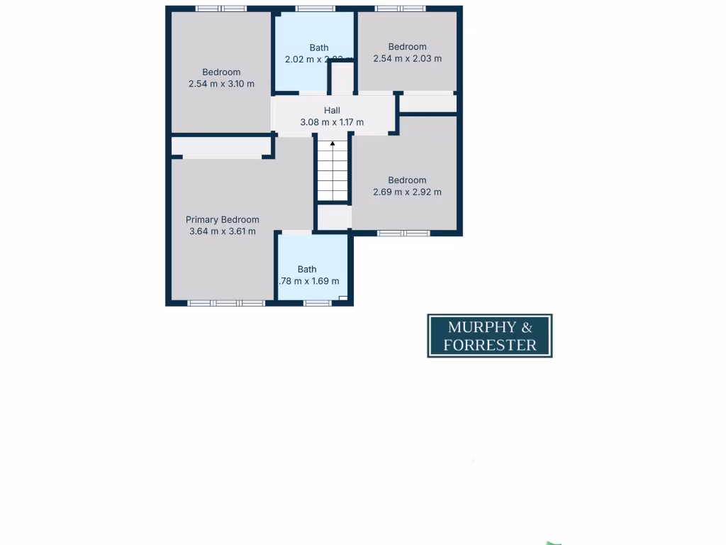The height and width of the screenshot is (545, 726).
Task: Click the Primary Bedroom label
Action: point(222,220)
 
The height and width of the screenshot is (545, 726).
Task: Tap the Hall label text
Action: point(332,111)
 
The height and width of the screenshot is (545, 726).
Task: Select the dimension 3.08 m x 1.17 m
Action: point(332,122)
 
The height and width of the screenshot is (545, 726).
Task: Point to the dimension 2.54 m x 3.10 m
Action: point(221,84)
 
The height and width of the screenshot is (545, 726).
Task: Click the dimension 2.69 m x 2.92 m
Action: point(407,192)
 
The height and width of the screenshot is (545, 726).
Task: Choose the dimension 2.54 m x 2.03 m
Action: point(407,59)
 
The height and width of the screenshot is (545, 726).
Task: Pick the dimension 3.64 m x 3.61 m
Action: point(222,231)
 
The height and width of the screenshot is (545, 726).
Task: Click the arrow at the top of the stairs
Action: point(333,145)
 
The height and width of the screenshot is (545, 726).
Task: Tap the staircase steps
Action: point(333,174)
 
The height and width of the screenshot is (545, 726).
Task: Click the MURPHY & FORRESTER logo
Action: point(489,336)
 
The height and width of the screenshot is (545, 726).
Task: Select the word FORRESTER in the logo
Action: point(489,346)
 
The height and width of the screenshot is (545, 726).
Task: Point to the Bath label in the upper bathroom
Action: point(319,48)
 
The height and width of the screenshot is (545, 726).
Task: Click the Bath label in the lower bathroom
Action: point(307,269)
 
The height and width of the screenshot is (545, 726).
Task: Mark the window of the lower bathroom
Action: point(317,303)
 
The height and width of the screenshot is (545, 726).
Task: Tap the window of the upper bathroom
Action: point(315,9)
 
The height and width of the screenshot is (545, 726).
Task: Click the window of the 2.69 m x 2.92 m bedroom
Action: point(403,233)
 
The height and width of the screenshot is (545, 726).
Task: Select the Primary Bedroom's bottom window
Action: point(226,303)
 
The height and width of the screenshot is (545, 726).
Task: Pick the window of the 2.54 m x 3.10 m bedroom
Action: point(220,9)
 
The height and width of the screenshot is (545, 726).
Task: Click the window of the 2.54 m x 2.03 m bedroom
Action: point(400,9)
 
